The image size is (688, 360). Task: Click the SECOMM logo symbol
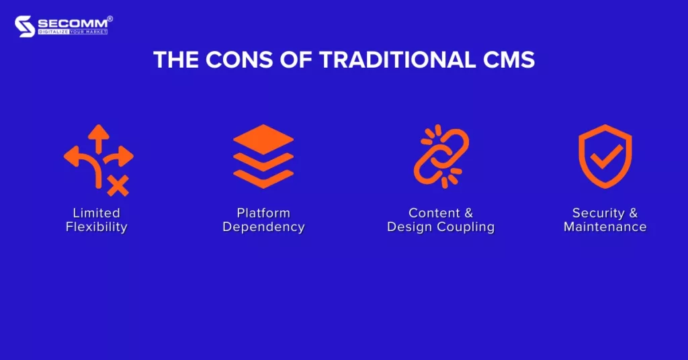25,26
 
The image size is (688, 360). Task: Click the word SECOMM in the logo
73,24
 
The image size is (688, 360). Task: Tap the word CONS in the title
239,60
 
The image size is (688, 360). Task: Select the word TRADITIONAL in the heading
398,60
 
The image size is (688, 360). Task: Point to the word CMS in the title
509,60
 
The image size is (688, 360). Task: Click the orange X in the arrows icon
118,185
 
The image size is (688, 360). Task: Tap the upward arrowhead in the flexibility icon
99,132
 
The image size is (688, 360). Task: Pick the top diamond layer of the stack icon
263,140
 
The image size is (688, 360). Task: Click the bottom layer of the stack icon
263,179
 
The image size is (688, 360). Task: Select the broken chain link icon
441,156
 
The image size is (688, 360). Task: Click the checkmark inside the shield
606,156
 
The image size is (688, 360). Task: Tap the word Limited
97,213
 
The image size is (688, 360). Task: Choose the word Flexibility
97,227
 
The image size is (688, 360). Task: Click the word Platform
263,213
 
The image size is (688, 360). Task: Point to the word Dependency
263,227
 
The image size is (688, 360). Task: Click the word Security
598,213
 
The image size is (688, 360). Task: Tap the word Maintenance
605,227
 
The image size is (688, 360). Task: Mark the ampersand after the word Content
468,213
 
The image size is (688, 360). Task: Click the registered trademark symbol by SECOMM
110,19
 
